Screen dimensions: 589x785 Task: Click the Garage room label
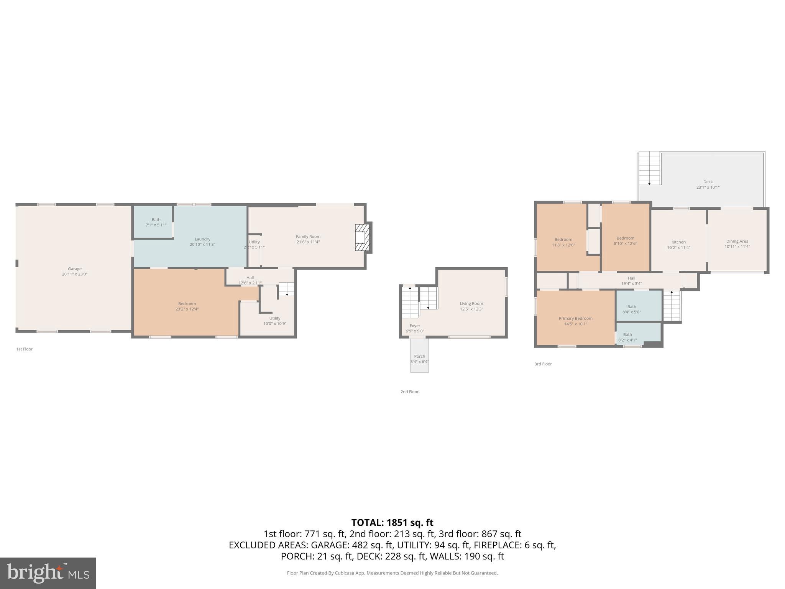(x=75, y=269)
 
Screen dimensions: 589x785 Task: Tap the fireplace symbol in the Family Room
(x=362, y=238)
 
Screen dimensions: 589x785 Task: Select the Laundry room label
(x=202, y=239)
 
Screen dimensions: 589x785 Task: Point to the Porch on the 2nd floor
(x=419, y=359)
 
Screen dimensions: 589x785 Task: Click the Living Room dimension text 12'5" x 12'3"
(x=471, y=309)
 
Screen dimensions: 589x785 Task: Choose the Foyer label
(x=415, y=326)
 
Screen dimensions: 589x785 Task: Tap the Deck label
(x=708, y=182)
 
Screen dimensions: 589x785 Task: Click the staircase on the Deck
(x=649, y=168)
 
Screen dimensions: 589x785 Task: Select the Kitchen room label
(x=678, y=242)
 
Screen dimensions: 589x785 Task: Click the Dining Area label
(x=737, y=241)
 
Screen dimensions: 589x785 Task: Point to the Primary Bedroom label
(x=575, y=318)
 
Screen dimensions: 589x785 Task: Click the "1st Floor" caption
(x=25, y=349)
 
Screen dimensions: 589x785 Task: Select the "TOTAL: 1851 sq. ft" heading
(x=392, y=523)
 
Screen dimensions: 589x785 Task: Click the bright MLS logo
(x=48, y=573)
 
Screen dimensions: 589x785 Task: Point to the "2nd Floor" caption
(x=409, y=392)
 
